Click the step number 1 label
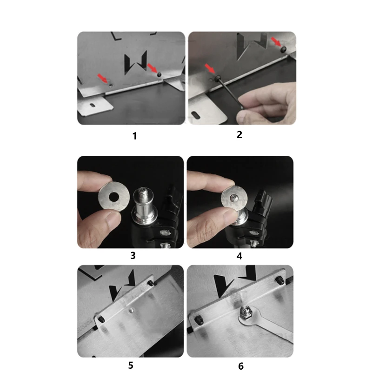point(134,136)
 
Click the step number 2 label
point(239,134)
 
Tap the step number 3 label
point(133,255)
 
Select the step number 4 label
point(239,256)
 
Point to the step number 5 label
point(131,365)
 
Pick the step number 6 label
point(241,366)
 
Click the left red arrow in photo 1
point(103,78)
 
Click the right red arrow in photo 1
point(153,68)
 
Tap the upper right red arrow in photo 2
point(276,41)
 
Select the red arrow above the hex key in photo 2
point(210,68)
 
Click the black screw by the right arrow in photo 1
point(159,74)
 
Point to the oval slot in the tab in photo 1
point(93,105)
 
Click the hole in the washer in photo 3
point(114,196)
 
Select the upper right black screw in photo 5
point(151,283)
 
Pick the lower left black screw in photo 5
point(101,319)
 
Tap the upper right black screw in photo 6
point(279,280)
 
